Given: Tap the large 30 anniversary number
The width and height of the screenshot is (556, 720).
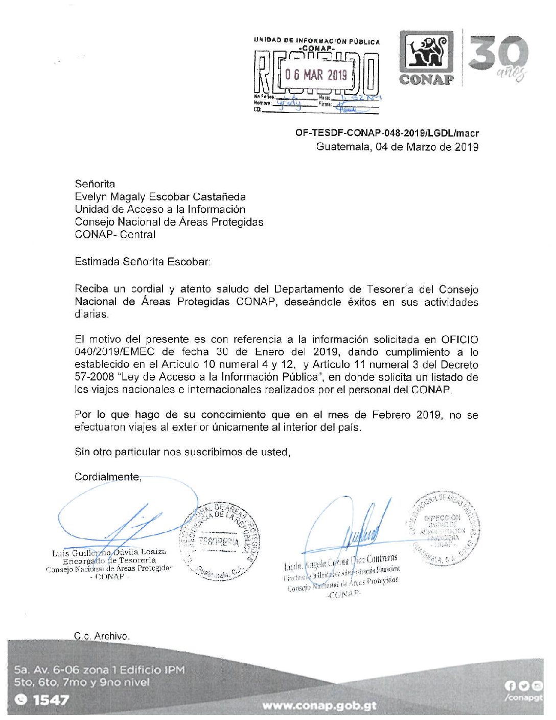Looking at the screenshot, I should tap(498, 53).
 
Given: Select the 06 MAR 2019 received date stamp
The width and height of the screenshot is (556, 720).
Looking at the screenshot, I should tap(316, 75).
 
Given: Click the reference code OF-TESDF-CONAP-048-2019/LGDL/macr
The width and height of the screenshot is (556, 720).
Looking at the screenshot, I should tap(387, 133).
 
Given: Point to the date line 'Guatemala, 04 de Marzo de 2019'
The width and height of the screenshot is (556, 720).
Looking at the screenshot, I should tap(397, 147).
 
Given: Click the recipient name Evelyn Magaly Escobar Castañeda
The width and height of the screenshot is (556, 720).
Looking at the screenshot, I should tap(160, 197).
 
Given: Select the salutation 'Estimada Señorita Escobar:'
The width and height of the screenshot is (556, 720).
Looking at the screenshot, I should tap(143, 262).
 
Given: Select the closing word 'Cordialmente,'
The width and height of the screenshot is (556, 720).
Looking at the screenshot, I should tap(108, 477).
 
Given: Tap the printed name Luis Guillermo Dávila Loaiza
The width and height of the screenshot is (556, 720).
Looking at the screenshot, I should tap(109, 552).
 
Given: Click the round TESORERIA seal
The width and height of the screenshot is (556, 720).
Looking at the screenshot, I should tap(219, 542).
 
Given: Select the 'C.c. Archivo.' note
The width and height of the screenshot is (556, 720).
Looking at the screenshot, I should tap(102, 636).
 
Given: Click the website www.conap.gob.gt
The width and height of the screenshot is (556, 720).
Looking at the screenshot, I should tap(319, 706).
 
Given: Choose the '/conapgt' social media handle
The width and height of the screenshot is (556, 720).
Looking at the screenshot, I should tap(523, 698).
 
